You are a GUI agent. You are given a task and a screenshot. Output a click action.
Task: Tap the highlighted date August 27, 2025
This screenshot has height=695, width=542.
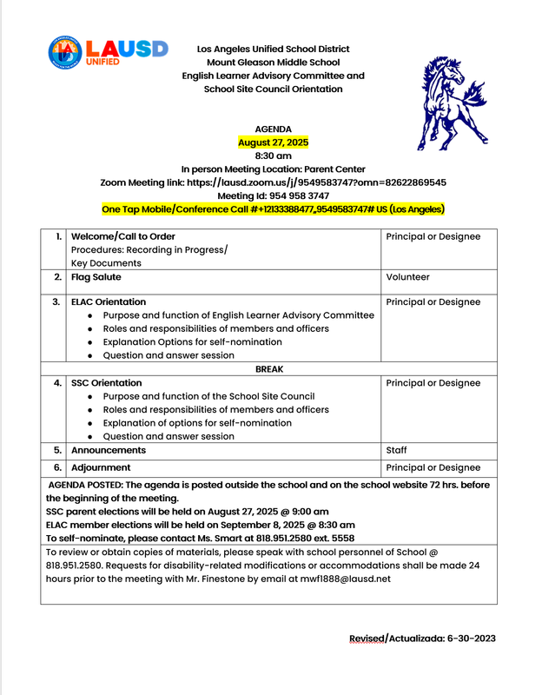point(273,142)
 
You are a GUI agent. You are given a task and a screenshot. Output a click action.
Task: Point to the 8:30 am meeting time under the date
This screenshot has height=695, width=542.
point(273,156)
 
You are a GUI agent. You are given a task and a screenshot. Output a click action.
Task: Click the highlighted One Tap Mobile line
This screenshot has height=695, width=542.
point(273,209)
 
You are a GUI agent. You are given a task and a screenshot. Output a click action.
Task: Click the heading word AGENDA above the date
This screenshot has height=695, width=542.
point(273,129)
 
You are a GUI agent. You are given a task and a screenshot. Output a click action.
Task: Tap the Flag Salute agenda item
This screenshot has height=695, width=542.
point(96,277)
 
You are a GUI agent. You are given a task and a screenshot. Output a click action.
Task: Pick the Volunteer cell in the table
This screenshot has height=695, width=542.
point(407,277)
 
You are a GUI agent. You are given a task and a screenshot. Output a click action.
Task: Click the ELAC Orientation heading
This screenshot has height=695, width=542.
point(109,302)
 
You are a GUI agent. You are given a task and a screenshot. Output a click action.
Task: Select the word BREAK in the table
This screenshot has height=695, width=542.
point(269,369)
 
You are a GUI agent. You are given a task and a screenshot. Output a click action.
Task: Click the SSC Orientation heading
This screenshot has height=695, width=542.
point(106,383)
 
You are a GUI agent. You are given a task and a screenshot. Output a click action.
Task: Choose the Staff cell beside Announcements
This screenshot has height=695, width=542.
point(396,450)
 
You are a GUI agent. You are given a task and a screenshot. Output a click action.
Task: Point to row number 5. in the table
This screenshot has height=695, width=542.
point(57,450)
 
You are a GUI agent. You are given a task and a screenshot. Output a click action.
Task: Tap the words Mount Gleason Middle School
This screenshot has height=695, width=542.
point(273,63)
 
